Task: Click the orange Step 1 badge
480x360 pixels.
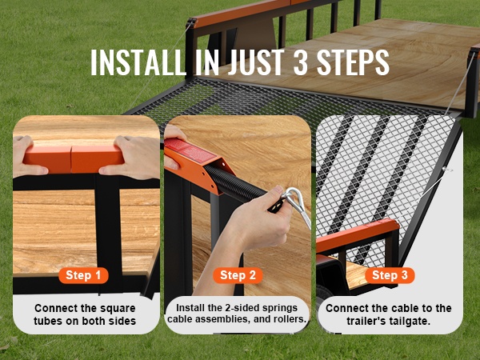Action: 83,275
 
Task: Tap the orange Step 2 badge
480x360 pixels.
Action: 238,275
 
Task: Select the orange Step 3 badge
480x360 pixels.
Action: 390,275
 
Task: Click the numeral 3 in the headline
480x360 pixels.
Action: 300,62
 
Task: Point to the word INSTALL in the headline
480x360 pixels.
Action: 138,62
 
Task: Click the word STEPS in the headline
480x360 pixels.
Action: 353,62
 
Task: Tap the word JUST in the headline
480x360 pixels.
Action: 254,62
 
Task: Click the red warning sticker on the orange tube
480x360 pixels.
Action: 190,150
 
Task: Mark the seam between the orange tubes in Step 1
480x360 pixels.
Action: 71,159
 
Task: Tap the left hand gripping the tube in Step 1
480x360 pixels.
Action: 26,157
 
